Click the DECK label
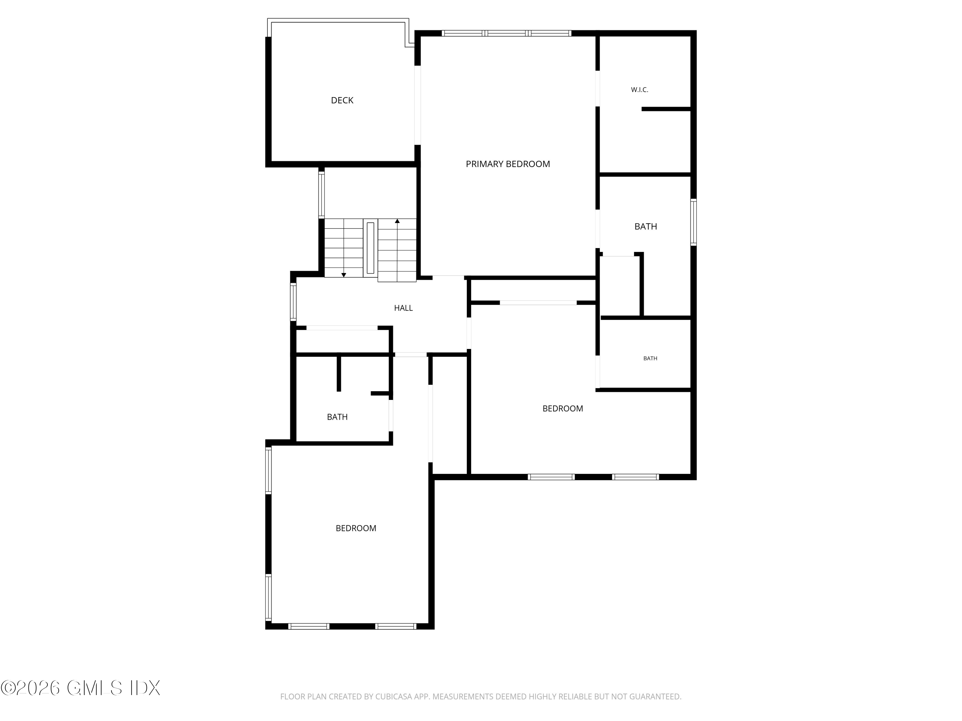coord(342,100)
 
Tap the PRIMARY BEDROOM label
coord(508,164)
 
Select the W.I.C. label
coord(639,90)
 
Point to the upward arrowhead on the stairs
coord(397,221)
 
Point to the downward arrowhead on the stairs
coord(343,275)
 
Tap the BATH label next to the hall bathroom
coord(337,417)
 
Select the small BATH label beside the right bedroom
coord(650,359)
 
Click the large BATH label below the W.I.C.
coord(646,227)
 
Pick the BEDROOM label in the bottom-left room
coord(356,528)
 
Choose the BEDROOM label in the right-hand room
coord(562,409)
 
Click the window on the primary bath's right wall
coord(694,222)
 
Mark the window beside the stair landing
coord(321,195)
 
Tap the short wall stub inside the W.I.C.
coord(666,109)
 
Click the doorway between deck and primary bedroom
coord(418,105)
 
